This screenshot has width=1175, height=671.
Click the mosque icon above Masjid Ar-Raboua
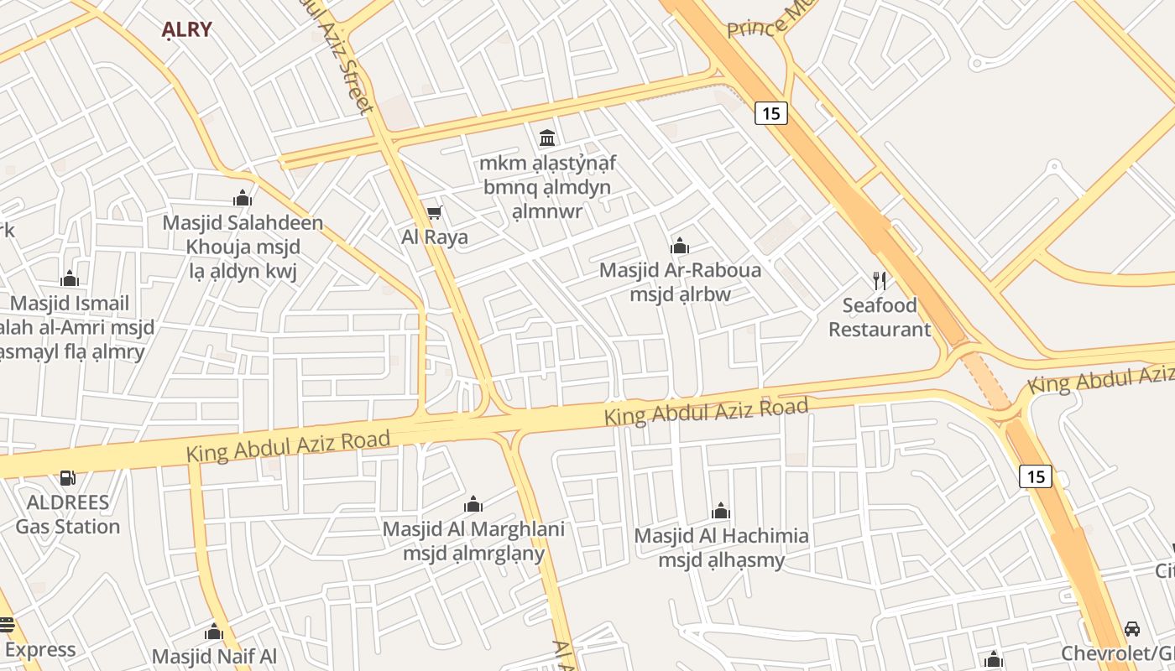pyautogui.click(x=679, y=246)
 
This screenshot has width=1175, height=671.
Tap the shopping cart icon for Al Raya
pyautogui.click(x=434, y=213)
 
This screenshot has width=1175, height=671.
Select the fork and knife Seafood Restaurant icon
pyautogui.click(x=880, y=280)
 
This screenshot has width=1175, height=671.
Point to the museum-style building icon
pyautogui.click(x=547, y=137)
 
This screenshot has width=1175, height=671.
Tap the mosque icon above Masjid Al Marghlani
pyautogui.click(x=473, y=504)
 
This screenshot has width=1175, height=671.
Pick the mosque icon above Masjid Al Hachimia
pyautogui.click(x=721, y=511)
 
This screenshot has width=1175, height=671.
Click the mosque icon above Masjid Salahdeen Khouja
pyautogui.click(x=243, y=198)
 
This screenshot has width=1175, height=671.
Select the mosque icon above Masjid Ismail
pyautogui.click(x=70, y=278)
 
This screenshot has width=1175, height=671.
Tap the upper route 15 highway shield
pyautogui.click(x=770, y=112)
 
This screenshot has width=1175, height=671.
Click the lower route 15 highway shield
pyautogui.click(x=1036, y=476)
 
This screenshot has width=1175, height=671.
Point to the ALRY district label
pyautogui.click(x=186, y=29)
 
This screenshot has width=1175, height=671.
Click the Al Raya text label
pyautogui.click(x=435, y=237)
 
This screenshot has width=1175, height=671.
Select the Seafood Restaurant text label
pyautogui.click(x=880, y=317)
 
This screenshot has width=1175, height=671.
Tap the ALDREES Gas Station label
pyautogui.click(x=68, y=514)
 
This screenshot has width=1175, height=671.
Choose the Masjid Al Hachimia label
pyautogui.click(x=721, y=548)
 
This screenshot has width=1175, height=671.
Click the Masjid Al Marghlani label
pyautogui.click(x=473, y=541)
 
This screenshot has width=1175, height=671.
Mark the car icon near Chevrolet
pyautogui.click(x=1132, y=628)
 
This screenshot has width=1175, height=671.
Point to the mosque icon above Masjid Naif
pyautogui.click(x=214, y=632)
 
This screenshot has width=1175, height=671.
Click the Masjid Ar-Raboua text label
pyautogui.click(x=680, y=282)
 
